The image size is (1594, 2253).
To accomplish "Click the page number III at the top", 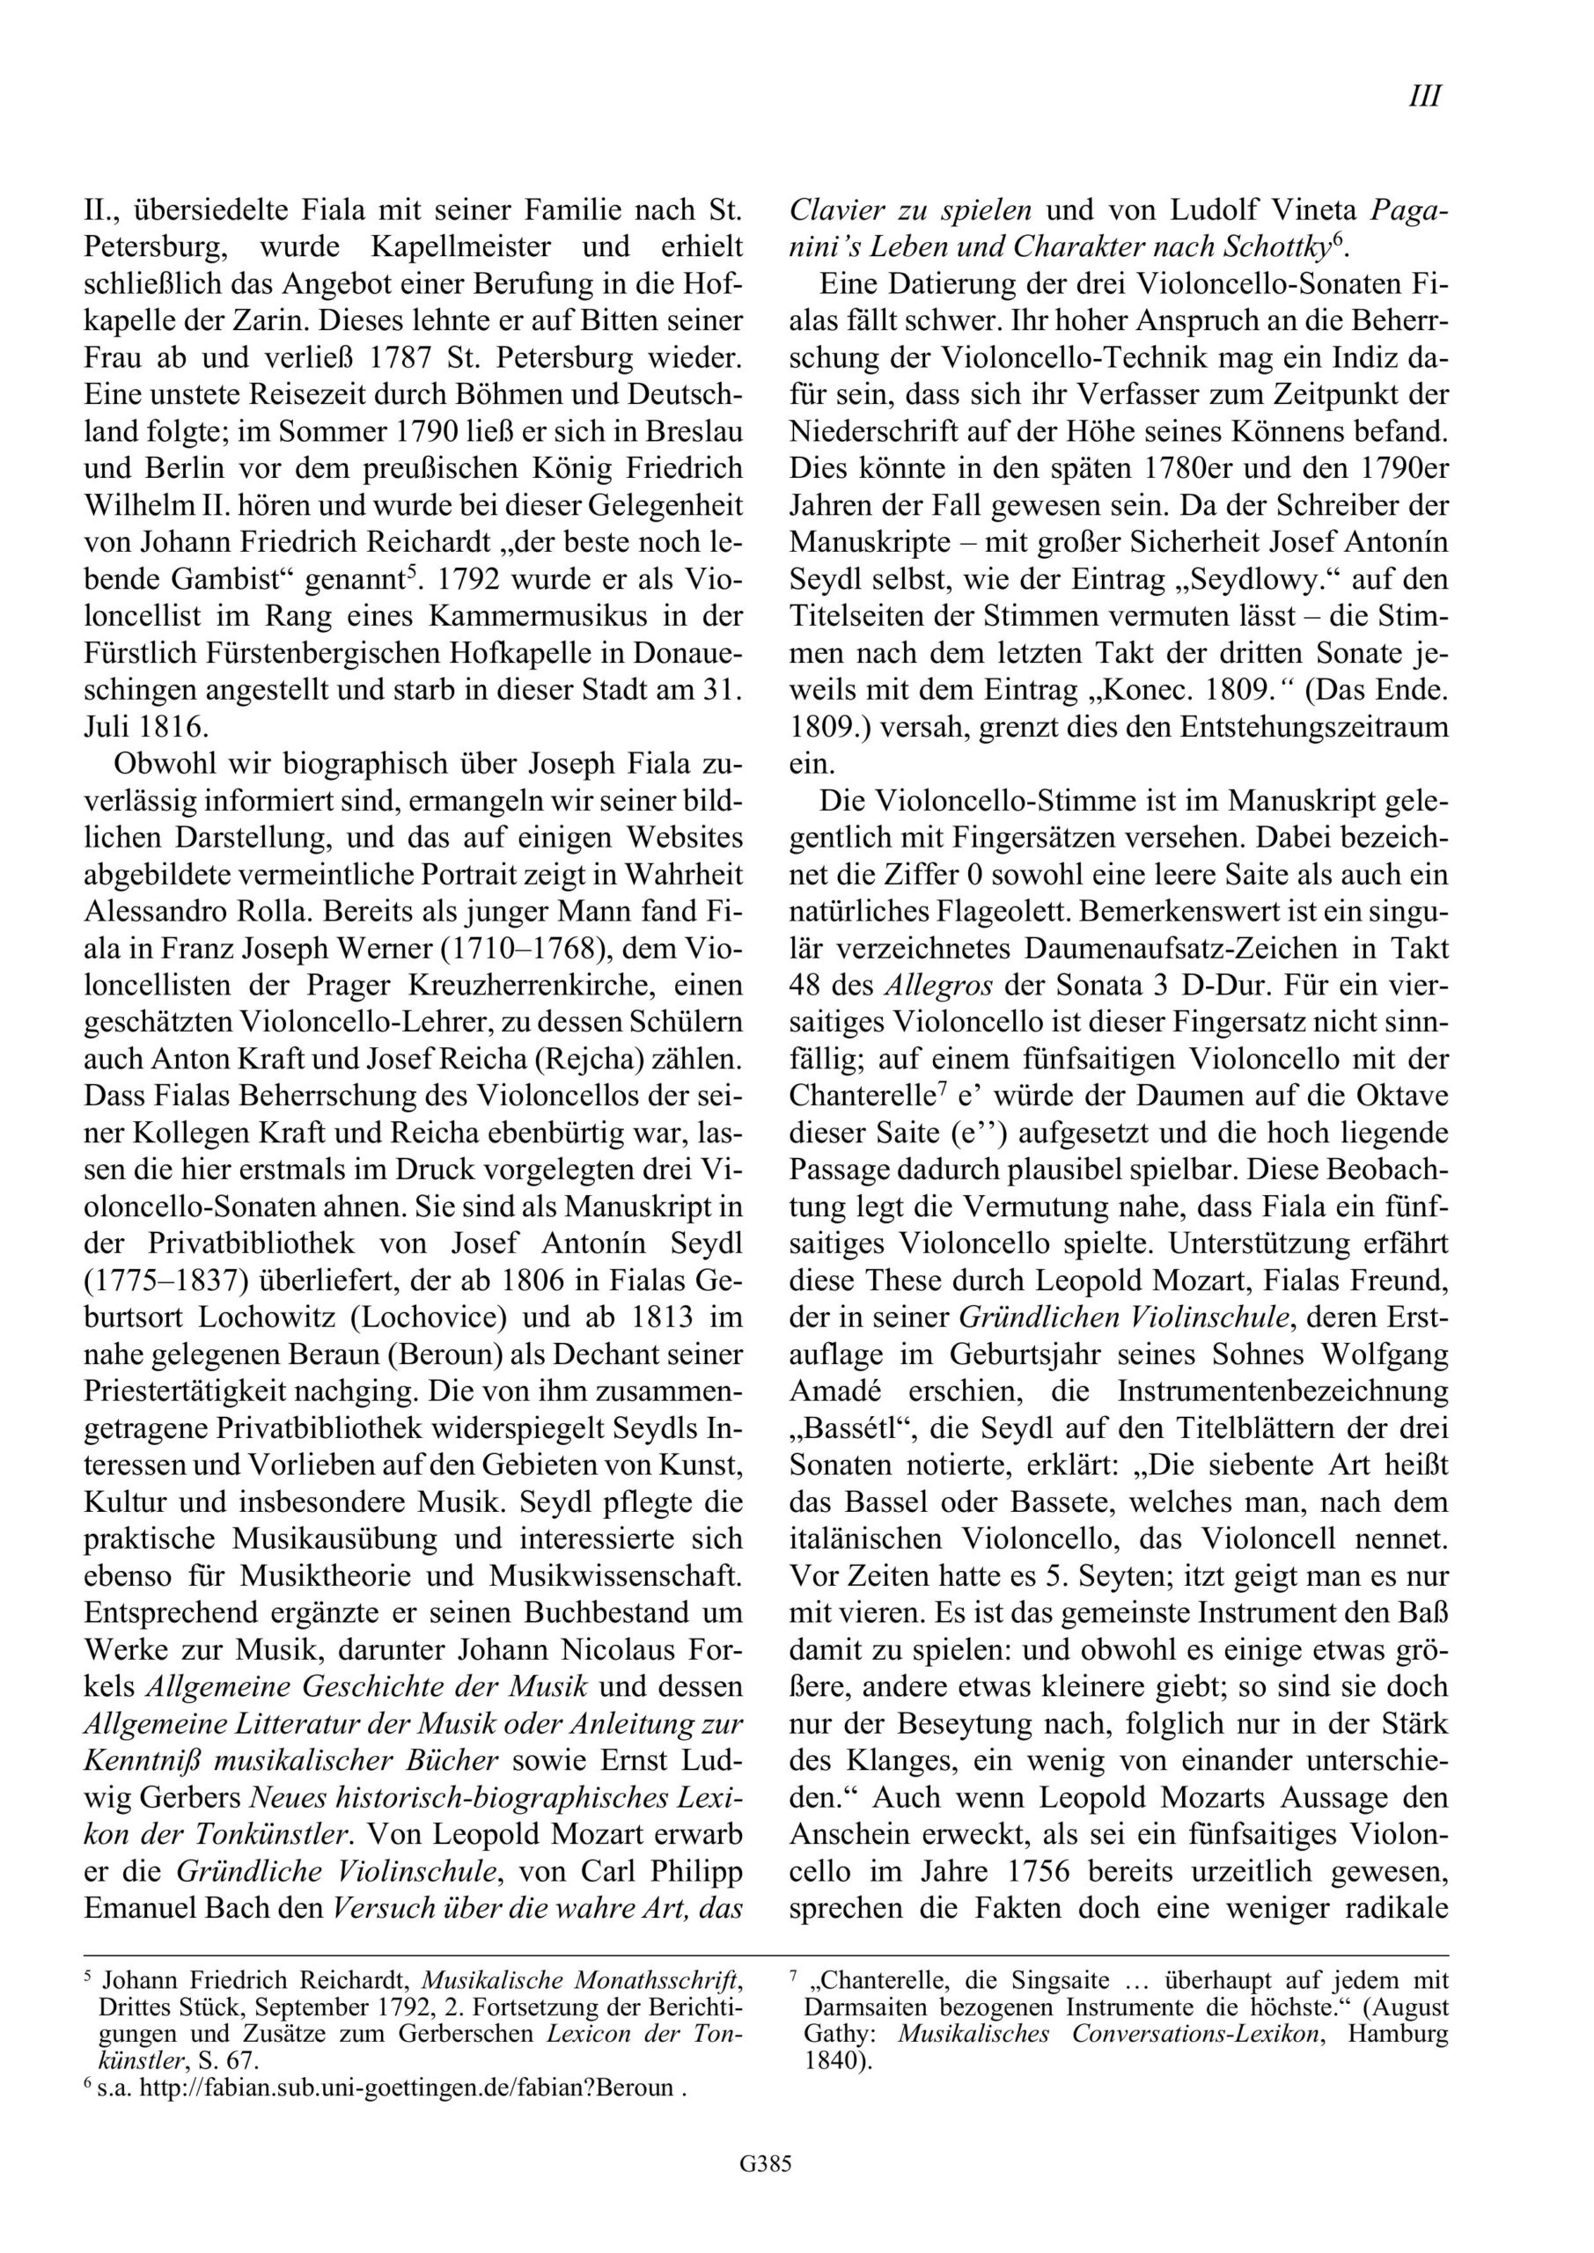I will pos(1424,96).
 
